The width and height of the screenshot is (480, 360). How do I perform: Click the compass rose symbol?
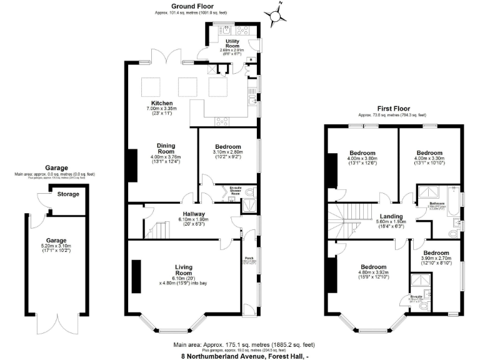(276, 13)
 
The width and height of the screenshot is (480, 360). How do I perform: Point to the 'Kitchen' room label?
(162, 103)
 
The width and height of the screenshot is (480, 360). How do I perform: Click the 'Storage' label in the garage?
(69, 194)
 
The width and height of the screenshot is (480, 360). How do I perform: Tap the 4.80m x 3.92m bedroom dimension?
(373, 272)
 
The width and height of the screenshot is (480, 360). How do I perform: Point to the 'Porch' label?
(248, 257)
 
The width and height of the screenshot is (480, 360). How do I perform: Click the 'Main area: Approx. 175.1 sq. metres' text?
(244, 344)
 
